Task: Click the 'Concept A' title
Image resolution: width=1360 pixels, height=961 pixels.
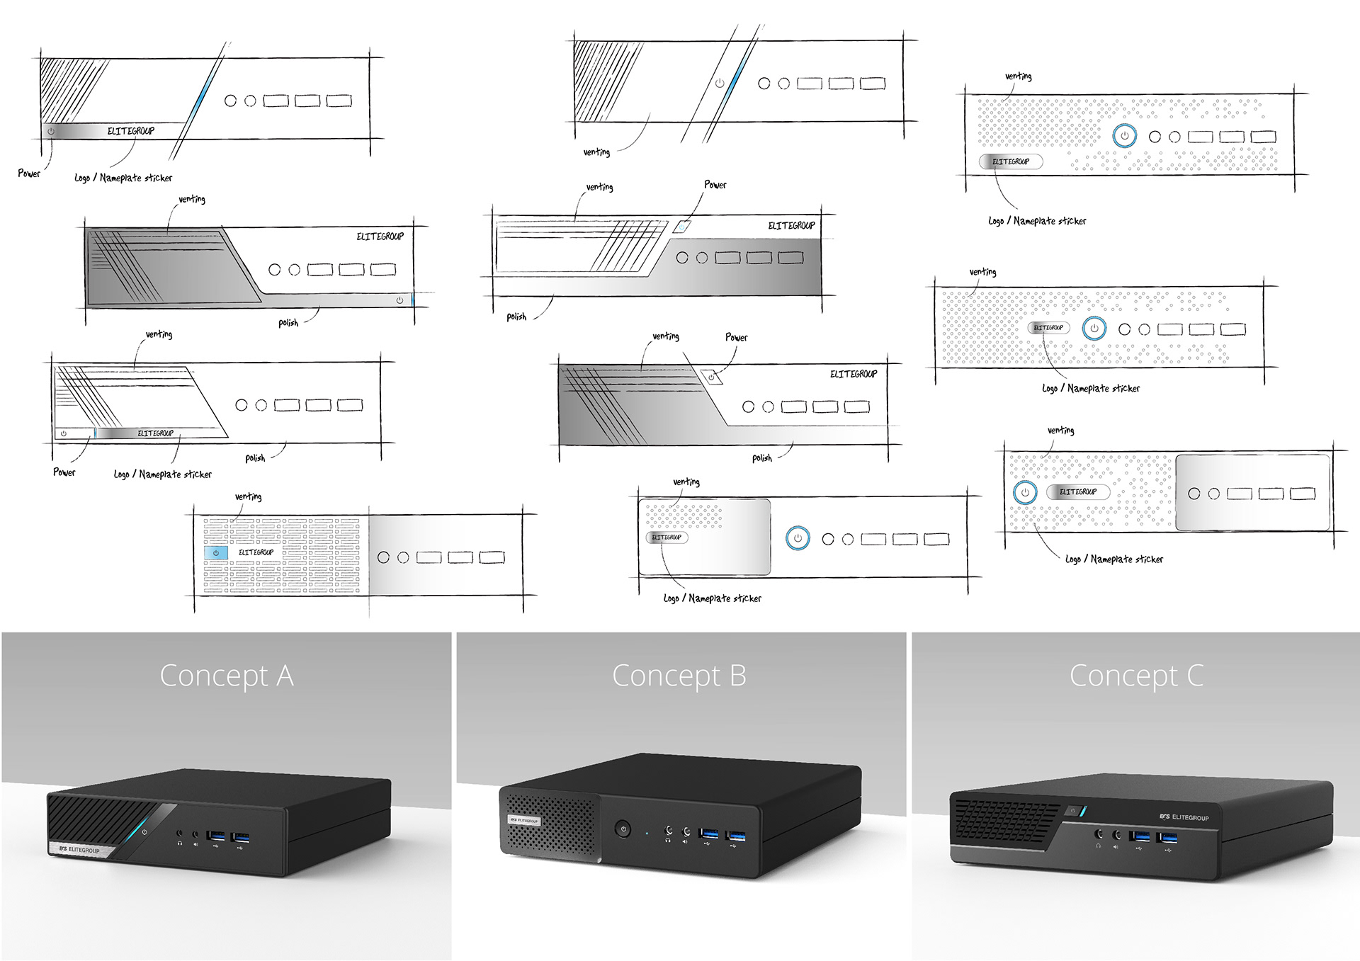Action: pyautogui.click(x=227, y=676)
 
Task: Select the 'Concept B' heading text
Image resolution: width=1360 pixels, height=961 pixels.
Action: pyautogui.click(x=679, y=676)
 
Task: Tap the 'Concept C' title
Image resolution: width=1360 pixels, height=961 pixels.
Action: pyautogui.click(x=1136, y=676)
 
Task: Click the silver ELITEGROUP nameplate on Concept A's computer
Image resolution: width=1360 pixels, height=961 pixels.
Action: pyautogui.click(x=80, y=849)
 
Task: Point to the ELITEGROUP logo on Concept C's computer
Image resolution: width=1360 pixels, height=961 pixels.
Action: pyautogui.click(x=1184, y=817)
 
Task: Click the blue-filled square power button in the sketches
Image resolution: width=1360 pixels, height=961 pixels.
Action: pyautogui.click(x=216, y=552)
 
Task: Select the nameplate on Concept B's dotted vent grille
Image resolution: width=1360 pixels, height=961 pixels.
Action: pyautogui.click(x=524, y=820)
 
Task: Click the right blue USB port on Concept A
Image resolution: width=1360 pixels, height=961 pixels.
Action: pyautogui.click(x=240, y=838)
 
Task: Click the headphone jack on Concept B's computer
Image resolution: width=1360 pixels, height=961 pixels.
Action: pyautogui.click(x=668, y=831)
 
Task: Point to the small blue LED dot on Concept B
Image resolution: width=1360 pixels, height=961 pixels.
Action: pyautogui.click(x=647, y=833)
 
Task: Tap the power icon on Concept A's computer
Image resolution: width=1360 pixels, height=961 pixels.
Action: pyautogui.click(x=144, y=832)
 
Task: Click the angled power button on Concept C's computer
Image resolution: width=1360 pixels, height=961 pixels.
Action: pyautogui.click(x=1074, y=811)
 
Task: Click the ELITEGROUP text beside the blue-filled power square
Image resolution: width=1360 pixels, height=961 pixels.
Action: pyautogui.click(x=256, y=552)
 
